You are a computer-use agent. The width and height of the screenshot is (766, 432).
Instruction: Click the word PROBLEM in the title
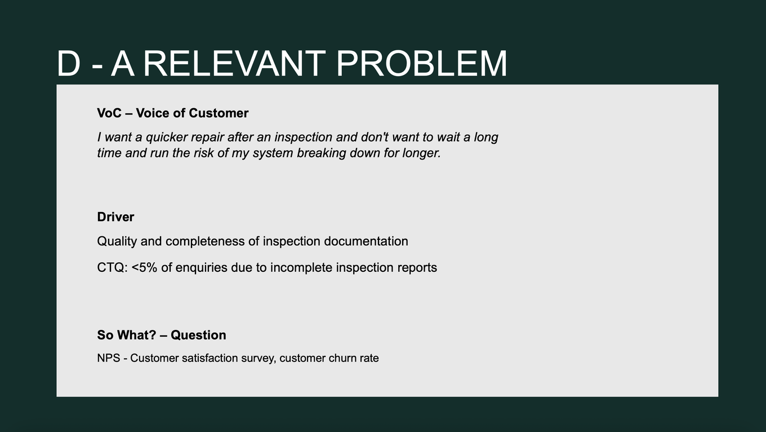click(x=422, y=64)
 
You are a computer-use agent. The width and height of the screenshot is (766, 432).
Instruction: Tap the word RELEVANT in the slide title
click(x=234, y=64)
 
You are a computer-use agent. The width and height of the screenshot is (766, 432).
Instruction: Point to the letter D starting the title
click(x=68, y=64)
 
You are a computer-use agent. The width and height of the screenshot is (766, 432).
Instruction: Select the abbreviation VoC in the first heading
click(x=109, y=113)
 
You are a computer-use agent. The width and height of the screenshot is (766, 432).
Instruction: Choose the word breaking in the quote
click(x=322, y=153)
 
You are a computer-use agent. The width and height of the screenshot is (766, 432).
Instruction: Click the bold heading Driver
click(x=115, y=217)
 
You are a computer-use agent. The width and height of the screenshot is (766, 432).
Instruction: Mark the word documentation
click(x=366, y=241)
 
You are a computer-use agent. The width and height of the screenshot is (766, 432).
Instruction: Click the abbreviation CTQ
click(x=112, y=268)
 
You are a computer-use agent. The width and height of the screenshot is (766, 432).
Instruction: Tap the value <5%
click(x=144, y=267)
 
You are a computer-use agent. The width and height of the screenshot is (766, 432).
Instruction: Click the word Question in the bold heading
click(x=198, y=335)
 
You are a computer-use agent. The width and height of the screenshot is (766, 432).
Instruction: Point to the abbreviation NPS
click(x=109, y=358)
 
